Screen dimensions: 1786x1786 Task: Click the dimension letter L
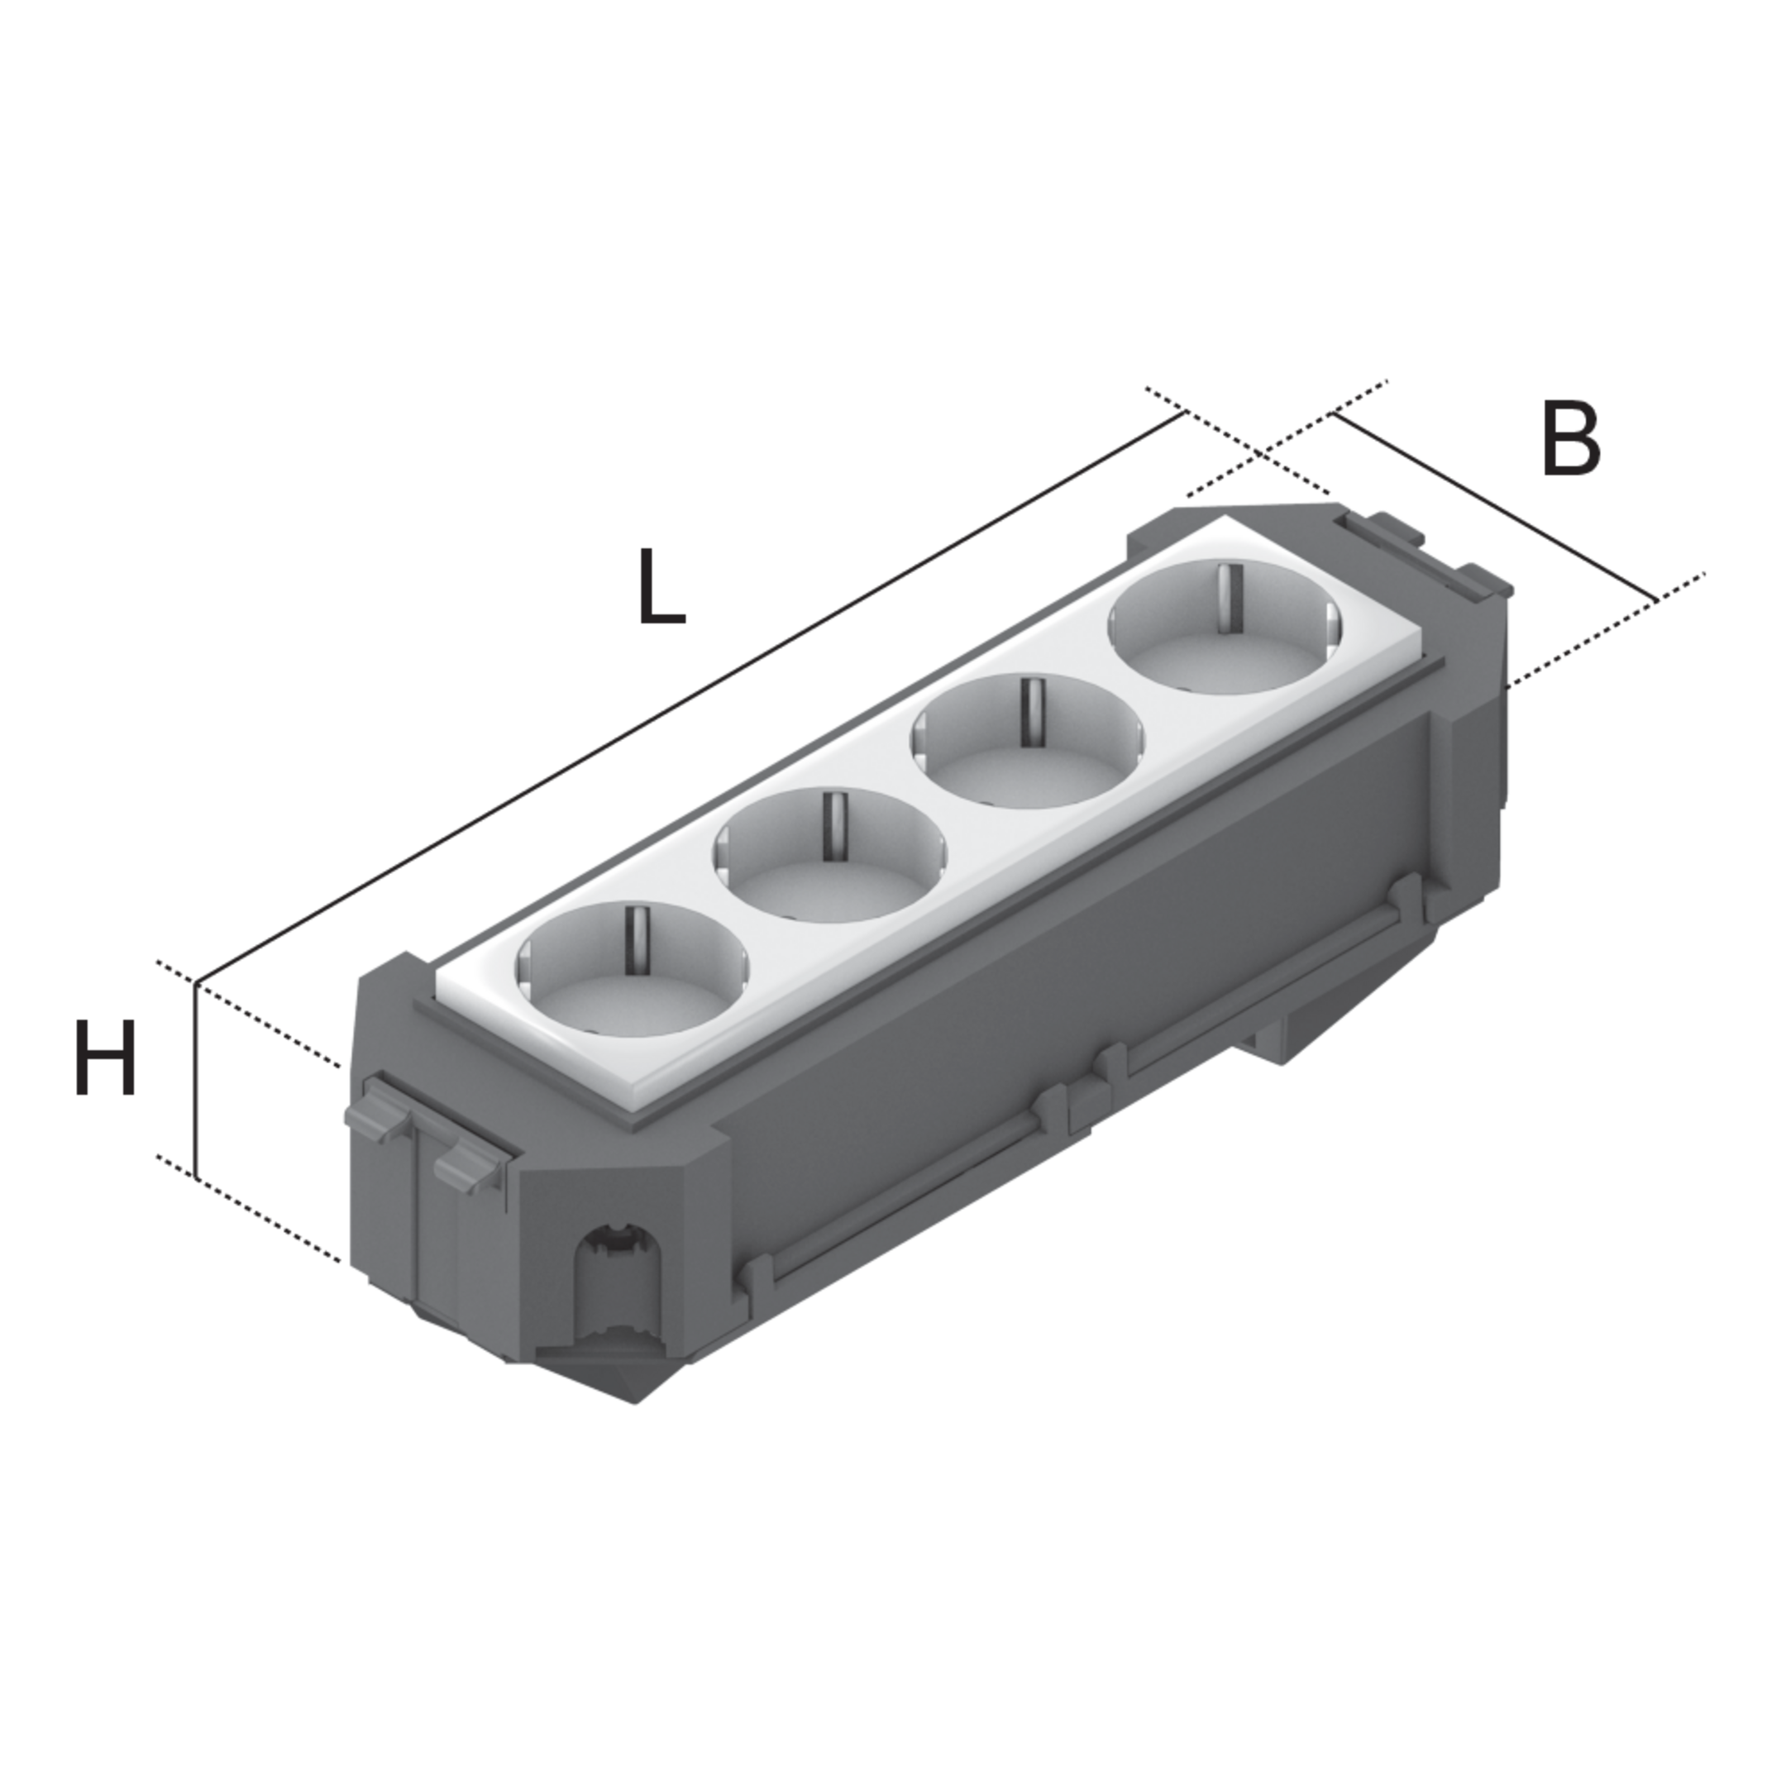661,586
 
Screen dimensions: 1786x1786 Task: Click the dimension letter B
1571,440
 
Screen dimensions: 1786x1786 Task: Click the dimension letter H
105,1058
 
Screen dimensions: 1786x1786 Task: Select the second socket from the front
830,856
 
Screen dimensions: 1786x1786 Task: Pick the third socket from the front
1028,742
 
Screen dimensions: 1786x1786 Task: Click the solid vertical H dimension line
196,1080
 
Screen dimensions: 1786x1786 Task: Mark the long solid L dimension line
690,698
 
